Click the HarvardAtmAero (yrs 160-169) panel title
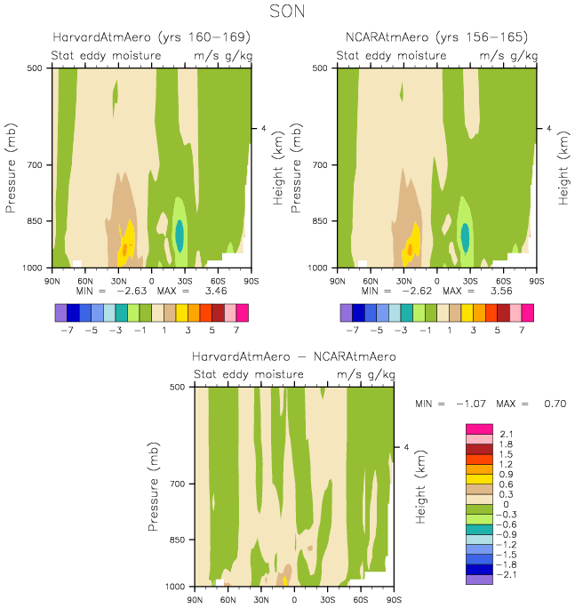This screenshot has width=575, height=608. tap(150, 37)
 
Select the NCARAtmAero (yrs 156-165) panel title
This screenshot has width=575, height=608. tap(435, 37)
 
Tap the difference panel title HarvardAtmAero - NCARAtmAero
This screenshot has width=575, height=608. tap(294, 356)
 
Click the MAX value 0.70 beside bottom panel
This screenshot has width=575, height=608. tap(554, 404)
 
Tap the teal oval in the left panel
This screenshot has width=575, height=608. tap(180, 235)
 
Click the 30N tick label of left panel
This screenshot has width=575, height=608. tap(119, 280)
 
